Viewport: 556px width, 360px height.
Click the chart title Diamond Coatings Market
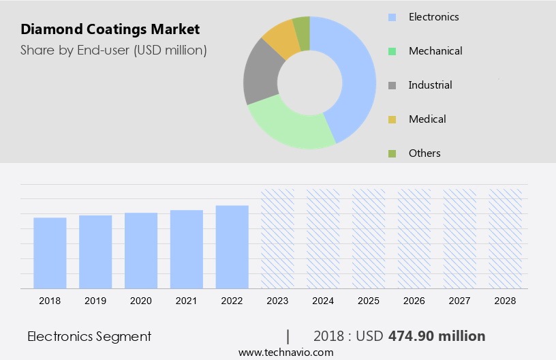pyautogui.click(x=110, y=29)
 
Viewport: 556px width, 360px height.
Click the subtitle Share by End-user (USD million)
pyautogui.click(x=114, y=50)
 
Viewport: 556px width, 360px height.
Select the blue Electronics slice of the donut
pyautogui.click(x=355, y=75)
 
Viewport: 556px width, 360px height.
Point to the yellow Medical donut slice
pyautogui.click(x=281, y=40)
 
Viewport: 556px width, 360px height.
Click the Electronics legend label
pyautogui.click(x=433, y=16)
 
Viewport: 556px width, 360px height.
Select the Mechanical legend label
pyautogui.click(x=435, y=50)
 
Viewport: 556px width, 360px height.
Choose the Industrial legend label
pyautogui.click(x=430, y=85)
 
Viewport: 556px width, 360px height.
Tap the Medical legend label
pyautogui.click(x=427, y=119)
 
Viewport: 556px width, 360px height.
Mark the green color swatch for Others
pyautogui.click(x=392, y=153)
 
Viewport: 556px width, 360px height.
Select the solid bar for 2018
pyautogui.click(x=50, y=253)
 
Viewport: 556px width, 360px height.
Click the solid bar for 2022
pyautogui.click(x=232, y=247)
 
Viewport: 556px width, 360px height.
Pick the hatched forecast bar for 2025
pyautogui.click(x=369, y=239)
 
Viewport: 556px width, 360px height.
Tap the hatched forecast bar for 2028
pyautogui.click(x=506, y=239)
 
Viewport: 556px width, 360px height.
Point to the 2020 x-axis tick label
pyautogui.click(x=141, y=300)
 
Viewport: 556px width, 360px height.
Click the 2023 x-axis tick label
pyautogui.click(x=277, y=300)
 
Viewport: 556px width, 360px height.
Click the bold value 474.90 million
pyautogui.click(x=437, y=336)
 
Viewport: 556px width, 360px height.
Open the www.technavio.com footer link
pyautogui.click(x=285, y=352)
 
